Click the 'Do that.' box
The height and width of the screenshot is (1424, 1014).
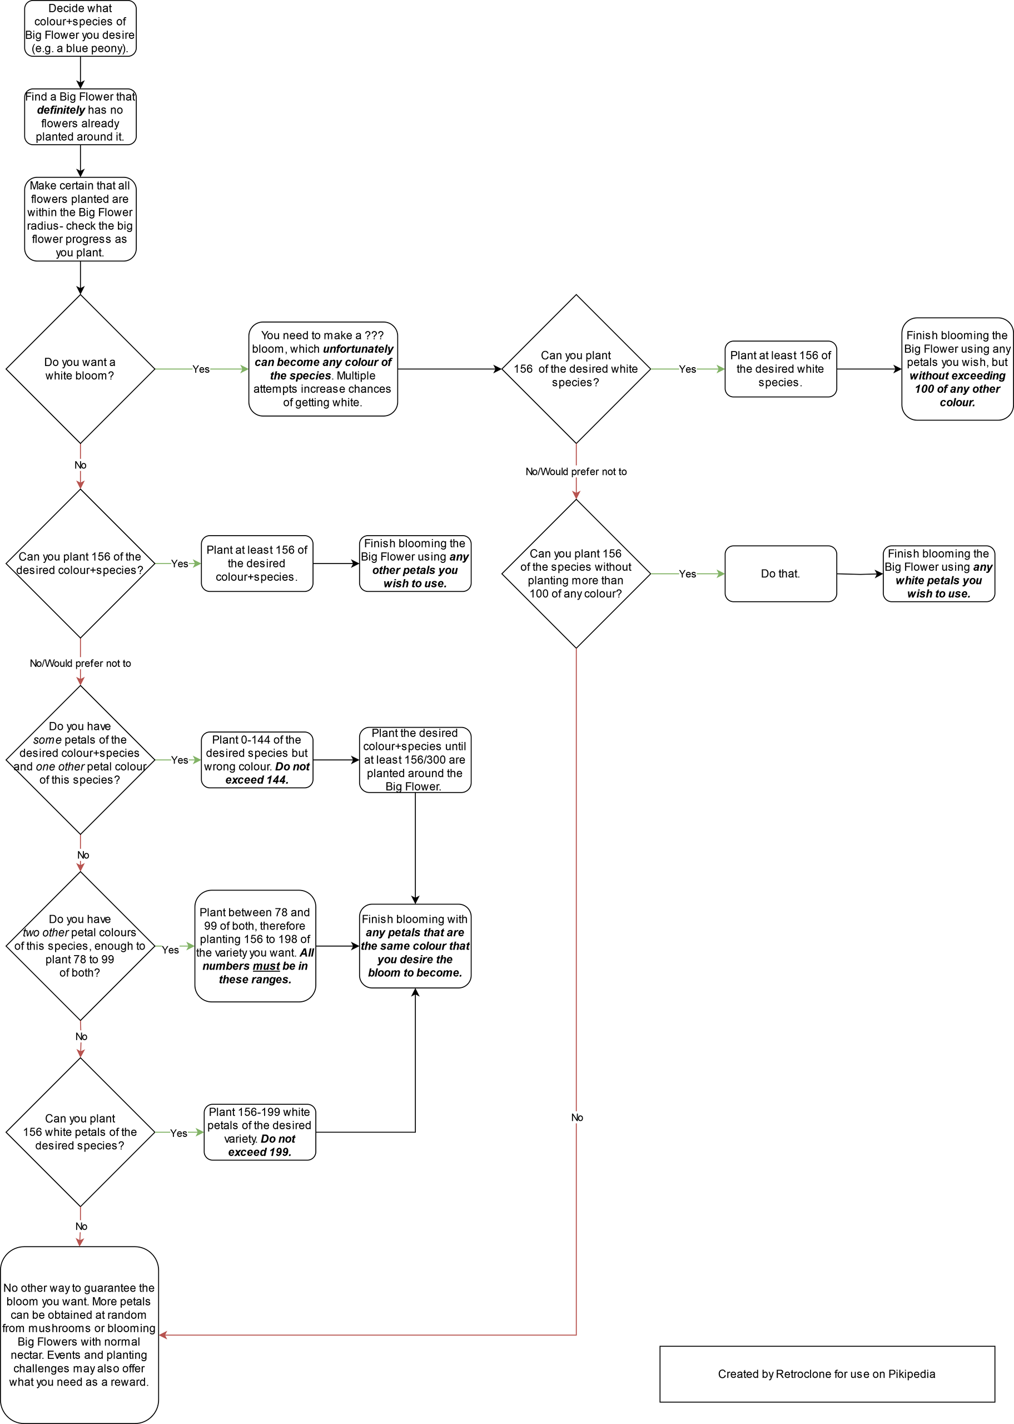click(x=781, y=573)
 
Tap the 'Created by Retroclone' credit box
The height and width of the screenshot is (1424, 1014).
click(x=827, y=1374)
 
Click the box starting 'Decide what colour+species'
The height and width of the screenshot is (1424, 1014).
click(x=81, y=29)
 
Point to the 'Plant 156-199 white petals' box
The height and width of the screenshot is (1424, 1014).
click(x=260, y=1133)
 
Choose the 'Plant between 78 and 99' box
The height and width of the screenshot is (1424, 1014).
click(x=255, y=946)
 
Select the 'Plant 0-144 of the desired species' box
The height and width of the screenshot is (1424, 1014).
click(x=257, y=760)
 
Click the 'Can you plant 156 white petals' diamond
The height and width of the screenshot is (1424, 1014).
click(x=81, y=1133)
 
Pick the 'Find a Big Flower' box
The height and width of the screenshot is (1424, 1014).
click(x=81, y=117)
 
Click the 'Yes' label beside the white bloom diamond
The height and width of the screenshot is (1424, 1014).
click(x=201, y=369)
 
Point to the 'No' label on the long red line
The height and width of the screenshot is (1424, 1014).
click(x=577, y=1118)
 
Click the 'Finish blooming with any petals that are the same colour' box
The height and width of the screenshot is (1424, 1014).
click(x=415, y=946)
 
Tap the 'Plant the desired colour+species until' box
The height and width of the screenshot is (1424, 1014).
click(x=415, y=760)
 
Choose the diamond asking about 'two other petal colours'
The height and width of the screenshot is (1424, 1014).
click(x=81, y=946)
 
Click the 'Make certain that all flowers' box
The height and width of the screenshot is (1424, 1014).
click(x=81, y=219)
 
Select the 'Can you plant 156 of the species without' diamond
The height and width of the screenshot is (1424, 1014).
click(x=576, y=573)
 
